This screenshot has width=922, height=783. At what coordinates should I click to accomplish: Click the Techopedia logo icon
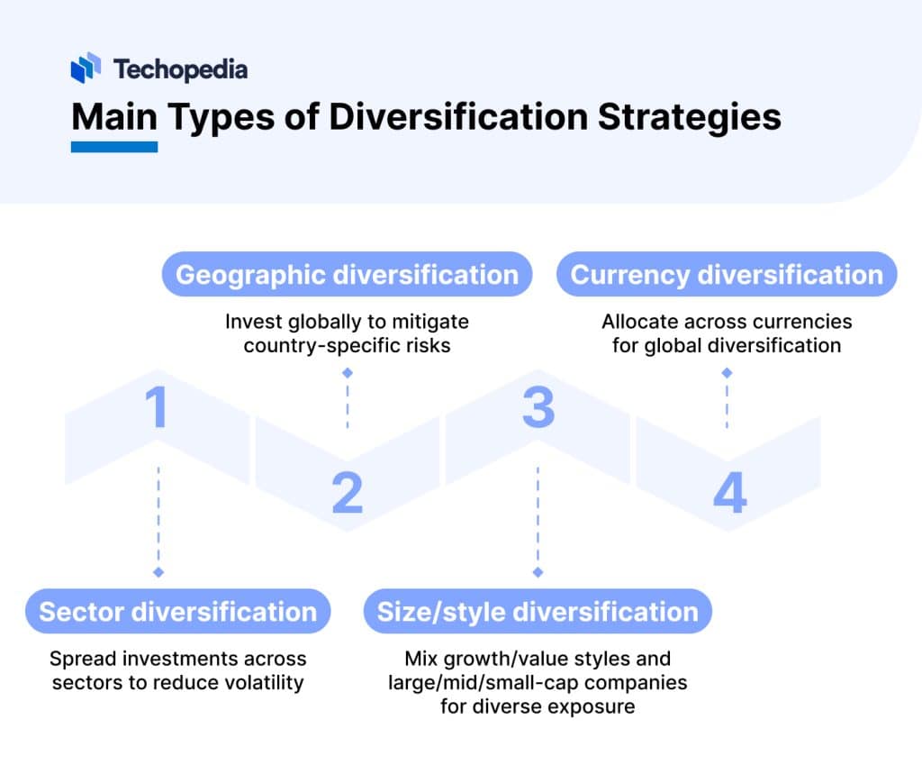click(86, 68)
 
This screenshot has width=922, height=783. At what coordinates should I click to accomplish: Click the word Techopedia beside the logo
click(180, 68)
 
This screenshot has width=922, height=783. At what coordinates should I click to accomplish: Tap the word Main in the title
click(113, 118)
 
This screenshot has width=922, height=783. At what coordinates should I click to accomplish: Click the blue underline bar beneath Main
click(114, 146)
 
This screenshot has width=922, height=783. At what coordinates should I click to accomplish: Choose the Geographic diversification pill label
click(347, 274)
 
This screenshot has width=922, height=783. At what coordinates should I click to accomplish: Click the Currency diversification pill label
click(727, 274)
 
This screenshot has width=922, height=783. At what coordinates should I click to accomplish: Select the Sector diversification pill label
click(178, 612)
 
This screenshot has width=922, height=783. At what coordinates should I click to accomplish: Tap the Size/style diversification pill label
click(538, 612)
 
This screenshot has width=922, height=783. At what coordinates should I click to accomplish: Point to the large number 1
click(158, 406)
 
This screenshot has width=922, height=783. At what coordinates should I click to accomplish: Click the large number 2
click(347, 493)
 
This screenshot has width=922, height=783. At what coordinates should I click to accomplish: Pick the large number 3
click(538, 406)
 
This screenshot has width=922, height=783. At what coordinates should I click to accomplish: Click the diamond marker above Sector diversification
click(158, 572)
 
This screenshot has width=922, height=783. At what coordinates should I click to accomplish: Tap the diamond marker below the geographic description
click(348, 372)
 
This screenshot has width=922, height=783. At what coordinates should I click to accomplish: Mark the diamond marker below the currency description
click(727, 372)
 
